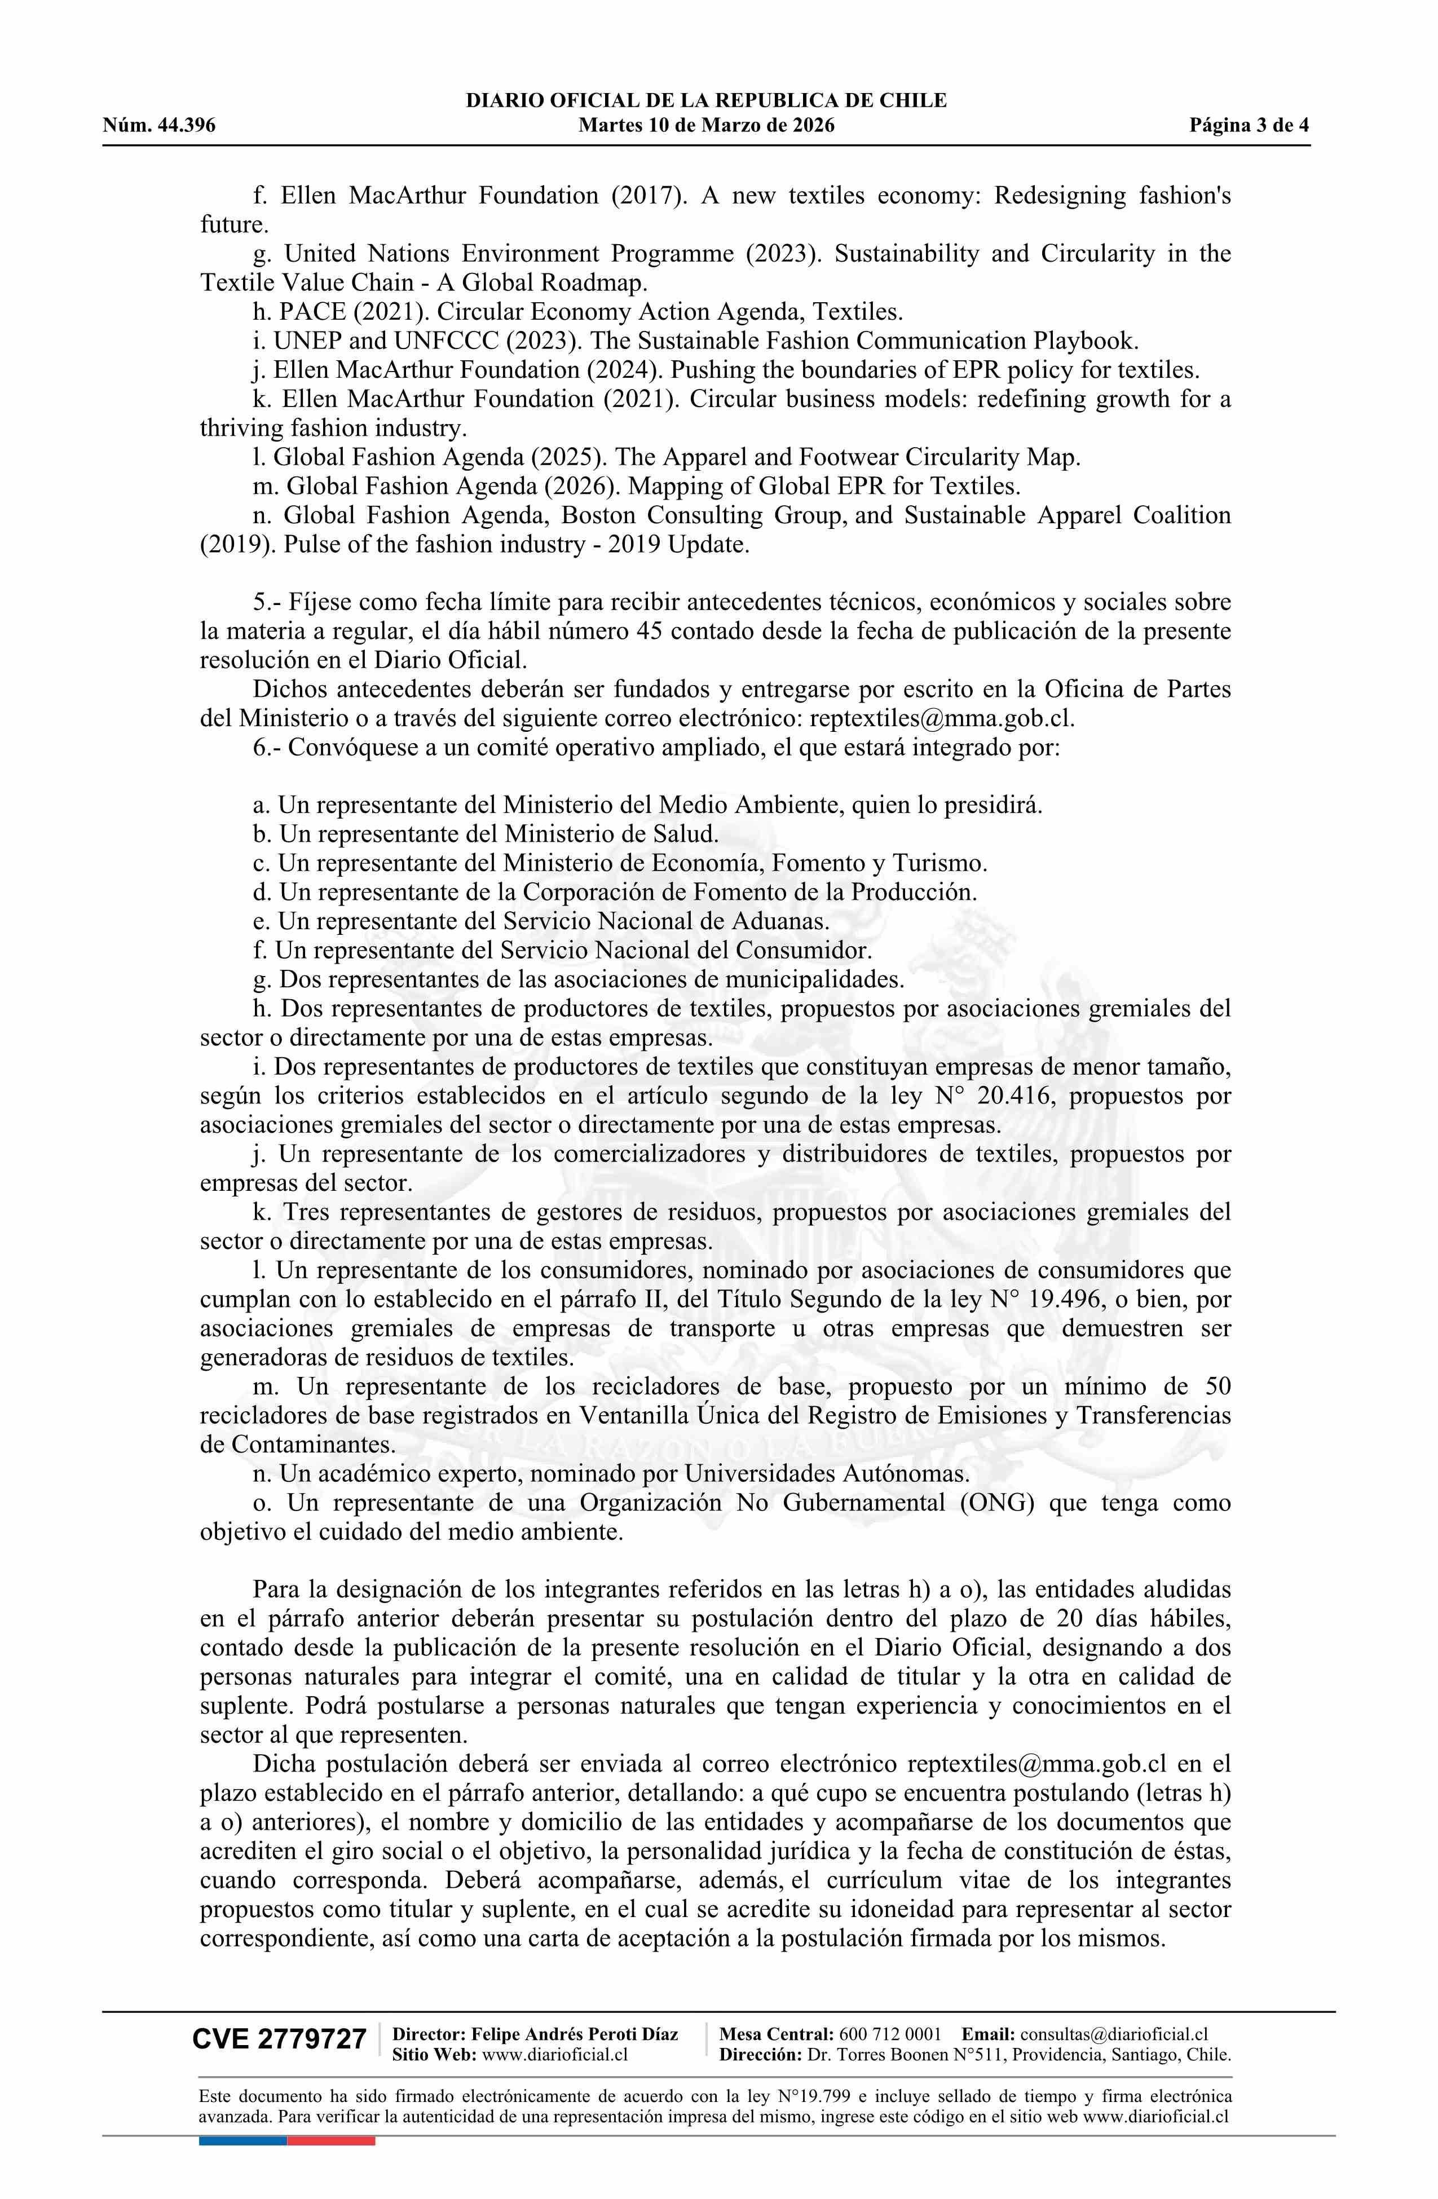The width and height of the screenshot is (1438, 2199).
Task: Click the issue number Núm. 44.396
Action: pos(159,126)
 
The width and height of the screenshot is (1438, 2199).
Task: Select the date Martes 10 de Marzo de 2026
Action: pos(706,126)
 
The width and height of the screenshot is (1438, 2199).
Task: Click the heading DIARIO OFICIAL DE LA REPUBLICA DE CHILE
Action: pos(706,101)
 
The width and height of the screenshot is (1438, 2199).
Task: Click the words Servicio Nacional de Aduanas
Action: pos(665,921)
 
